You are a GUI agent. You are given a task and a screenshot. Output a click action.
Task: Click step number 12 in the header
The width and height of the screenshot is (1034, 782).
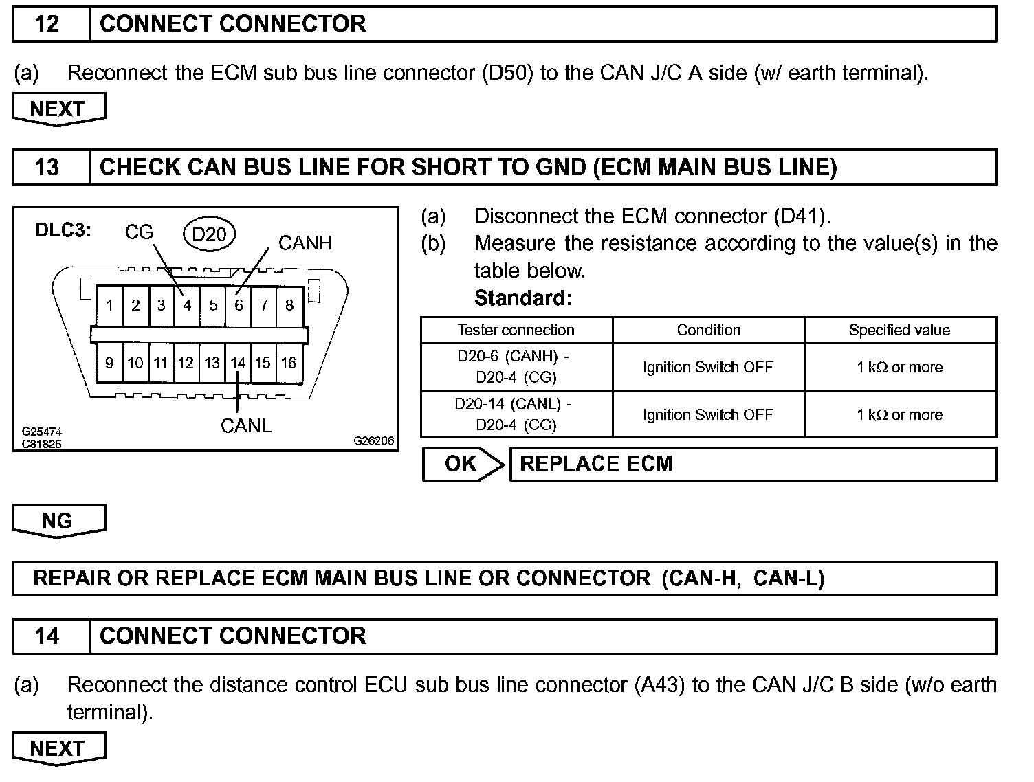[x=47, y=24]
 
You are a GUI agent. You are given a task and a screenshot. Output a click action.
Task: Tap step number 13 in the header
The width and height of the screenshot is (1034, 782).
[x=47, y=167]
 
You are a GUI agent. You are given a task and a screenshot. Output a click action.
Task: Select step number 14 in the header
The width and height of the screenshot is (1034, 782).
[x=47, y=636]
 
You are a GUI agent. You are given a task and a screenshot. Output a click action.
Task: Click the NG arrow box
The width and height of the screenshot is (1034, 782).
[x=58, y=520]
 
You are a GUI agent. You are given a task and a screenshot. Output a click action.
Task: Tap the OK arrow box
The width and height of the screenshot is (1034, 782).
[x=461, y=464]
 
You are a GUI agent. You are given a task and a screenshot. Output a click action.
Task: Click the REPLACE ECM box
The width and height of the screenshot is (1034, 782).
[x=752, y=464]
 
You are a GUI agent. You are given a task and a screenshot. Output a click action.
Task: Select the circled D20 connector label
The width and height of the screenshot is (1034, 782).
[x=209, y=234]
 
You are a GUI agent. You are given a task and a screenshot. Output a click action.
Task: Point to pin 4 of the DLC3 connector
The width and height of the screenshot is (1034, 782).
[x=187, y=305]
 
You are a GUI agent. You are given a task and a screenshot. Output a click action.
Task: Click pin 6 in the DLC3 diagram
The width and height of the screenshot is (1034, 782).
[x=239, y=305]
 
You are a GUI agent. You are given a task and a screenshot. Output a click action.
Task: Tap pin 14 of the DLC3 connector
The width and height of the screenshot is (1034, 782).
[x=238, y=362]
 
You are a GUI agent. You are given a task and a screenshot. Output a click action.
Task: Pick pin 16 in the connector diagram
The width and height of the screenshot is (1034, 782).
[x=289, y=362]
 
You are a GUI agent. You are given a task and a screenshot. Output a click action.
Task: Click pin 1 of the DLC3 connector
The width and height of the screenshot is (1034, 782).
[x=110, y=305]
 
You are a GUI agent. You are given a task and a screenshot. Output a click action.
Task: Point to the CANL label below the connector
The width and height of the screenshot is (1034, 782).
[x=245, y=425]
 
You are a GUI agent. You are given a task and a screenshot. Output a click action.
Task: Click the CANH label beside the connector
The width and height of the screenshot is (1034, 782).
[x=305, y=243]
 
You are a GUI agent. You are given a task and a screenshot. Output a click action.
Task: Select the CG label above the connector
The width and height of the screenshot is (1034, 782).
[x=139, y=232]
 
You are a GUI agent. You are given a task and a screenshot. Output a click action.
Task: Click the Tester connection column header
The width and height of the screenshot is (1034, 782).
[x=516, y=330]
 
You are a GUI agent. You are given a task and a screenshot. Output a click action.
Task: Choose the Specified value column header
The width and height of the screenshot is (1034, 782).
[x=899, y=330]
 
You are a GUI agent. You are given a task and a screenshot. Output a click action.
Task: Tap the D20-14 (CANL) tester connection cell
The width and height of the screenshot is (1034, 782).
[x=516, y=414]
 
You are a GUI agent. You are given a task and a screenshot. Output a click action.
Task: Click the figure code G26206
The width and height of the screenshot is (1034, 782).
[x=374, y=440]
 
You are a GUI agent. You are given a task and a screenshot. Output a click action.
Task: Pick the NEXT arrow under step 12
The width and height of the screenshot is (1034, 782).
[x=58, y=109]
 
